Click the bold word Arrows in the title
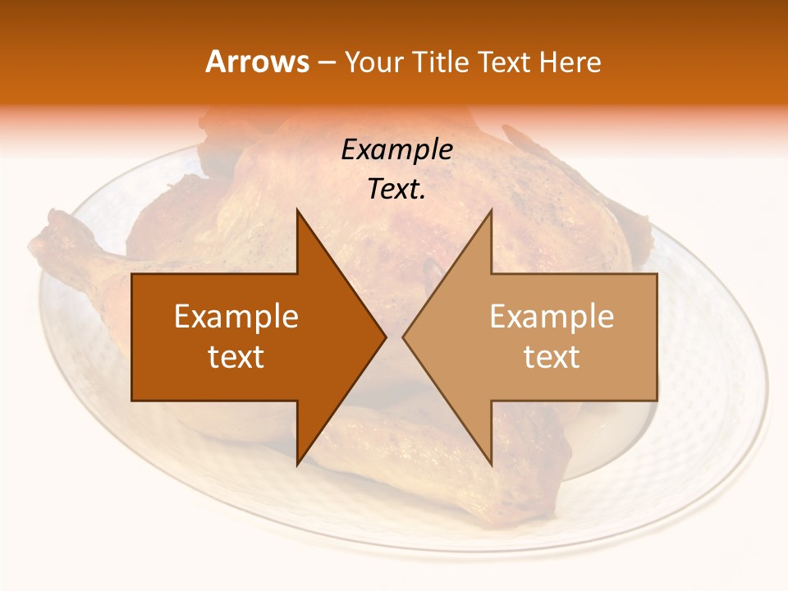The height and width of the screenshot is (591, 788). pyautogui.click(x=258, y=62)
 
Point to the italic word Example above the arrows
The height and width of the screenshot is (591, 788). pyautogui.click(x=396, y=150)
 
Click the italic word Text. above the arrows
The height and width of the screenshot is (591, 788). pyautogui.click(x=396, y=190)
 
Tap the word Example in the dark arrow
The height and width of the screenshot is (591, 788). pyautogui.click(x=236, y=317)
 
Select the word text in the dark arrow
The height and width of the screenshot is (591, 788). pyautogui.click(x=236, y=357)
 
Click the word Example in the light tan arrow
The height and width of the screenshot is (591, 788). pyautogui.click(x=552, y=317)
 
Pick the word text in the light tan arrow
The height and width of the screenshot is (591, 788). pyautogui.click(x=552, y=357)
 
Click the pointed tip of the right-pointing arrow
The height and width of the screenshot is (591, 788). pyautogui.click(x=385, y=337)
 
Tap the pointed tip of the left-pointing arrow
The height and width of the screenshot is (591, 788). pyautogui.click(x=403, y=337)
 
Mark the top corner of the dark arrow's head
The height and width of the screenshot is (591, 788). pyautogui.click(x=297, y=210)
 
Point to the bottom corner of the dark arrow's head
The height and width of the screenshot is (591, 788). pyautogui.click(x=297, y=465)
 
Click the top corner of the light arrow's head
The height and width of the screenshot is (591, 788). pyautogui.click(x=491, y=210)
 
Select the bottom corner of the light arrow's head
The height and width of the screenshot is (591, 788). pyautogui.click(x=491, y=465)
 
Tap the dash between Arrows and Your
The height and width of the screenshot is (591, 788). pyautogui.click(x=326, y=63)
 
